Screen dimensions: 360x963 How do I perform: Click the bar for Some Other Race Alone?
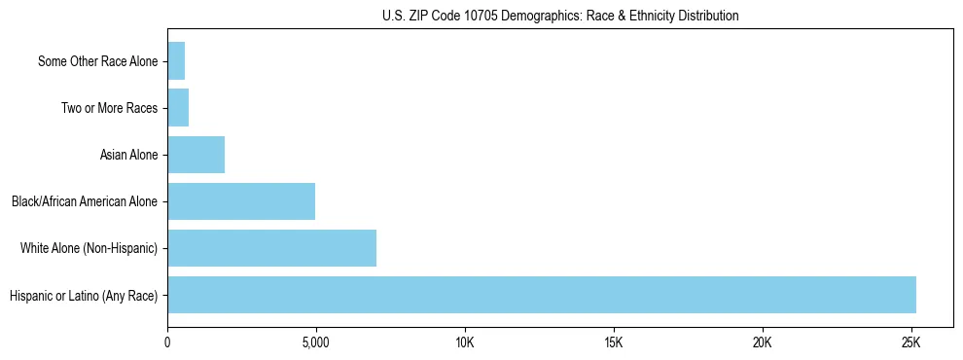click(x=176, y=61)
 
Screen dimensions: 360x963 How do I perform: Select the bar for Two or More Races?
click(x=178, y=108)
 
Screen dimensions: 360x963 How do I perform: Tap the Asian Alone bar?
click(x=196, y=155)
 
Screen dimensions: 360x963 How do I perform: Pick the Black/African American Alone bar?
click(x=241, y=201)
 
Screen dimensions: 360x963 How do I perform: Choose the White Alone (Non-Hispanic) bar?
click(x=271, y=248)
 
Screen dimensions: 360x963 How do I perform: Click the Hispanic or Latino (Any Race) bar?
click(x=541, y=295)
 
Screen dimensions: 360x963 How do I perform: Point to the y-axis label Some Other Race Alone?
click(x=97, y=61)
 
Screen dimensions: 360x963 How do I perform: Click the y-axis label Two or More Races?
click(x=109, y=108)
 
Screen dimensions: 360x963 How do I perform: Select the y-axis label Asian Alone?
click(x=128, y=155)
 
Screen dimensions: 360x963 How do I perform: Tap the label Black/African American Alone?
click(x=84, y=201)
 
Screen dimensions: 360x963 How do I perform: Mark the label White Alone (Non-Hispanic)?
click(x=89, y=248)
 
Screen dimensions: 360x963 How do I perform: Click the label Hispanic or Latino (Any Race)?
click(x=83, y=295)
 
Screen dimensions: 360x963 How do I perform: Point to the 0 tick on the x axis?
click(x=167, y=343)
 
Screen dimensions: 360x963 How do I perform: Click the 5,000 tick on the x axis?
click(x=316, y=343)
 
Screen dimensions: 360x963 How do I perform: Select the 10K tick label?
click(x=465, y=343)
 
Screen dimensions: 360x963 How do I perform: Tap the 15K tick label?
click(x=613, y=343)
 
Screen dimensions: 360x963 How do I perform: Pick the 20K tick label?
click(x=762, y=343)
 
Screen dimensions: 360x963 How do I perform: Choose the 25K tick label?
click(x=910, y=343)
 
